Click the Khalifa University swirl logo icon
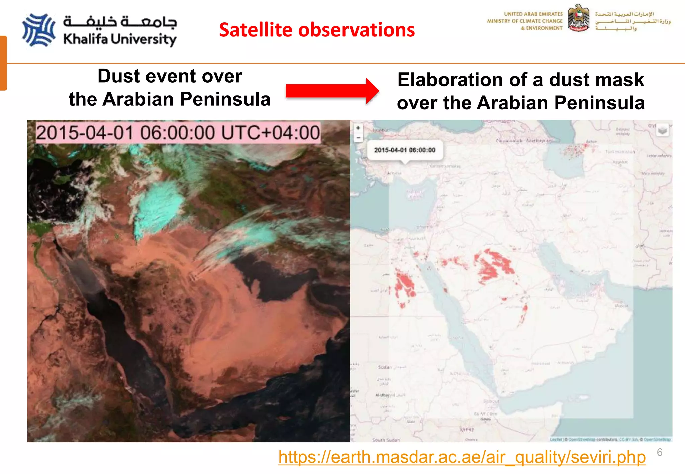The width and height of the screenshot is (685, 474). point(38,30)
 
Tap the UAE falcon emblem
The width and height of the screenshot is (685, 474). point(578,18)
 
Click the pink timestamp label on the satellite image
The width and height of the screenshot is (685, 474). point(178,133)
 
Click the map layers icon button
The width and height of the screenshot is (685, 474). point(662,130)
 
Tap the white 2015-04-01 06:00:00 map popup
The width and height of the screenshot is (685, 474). point(405,150)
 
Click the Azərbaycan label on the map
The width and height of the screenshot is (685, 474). point(539,141)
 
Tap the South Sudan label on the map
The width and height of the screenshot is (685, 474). point(386,440)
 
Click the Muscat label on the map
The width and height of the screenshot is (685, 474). point(621,306)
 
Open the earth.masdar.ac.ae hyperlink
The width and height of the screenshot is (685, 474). point(462,457)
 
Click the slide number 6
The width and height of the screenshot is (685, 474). point(659,452)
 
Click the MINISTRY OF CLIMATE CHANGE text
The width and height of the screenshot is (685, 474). point(524,21)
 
